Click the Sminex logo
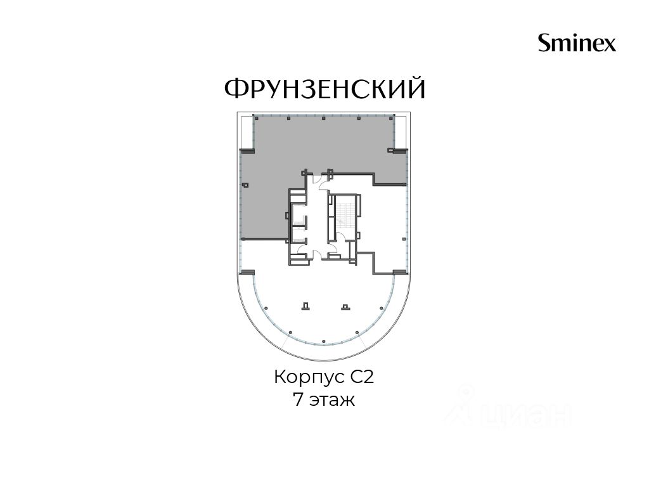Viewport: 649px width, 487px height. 577,43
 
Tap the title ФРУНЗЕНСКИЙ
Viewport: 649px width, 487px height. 325,88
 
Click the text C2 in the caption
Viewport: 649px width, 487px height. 363,377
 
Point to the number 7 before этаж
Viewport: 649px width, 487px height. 298,399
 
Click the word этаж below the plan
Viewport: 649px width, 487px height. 332,401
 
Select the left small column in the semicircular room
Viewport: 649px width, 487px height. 306,306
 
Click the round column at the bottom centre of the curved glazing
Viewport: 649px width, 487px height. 323,341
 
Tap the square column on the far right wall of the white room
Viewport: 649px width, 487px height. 404,238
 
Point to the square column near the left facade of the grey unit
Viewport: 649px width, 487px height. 245,185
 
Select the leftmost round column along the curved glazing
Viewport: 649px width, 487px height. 266,308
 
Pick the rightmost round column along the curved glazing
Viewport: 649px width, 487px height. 381,308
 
